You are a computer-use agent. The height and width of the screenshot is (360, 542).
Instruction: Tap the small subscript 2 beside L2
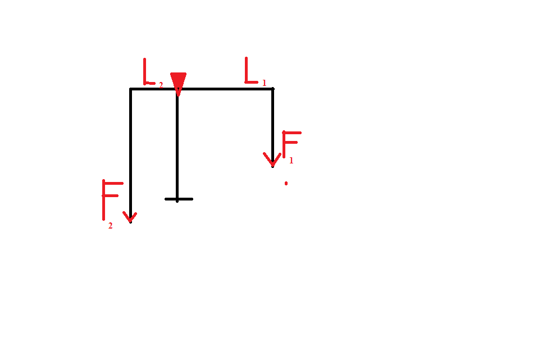[161, 85]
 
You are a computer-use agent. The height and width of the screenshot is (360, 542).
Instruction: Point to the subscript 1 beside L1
[265, 83]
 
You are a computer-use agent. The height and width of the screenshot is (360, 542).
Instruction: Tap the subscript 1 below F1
[292, 160]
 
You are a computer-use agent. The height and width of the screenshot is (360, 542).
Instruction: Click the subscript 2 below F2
[110, 226]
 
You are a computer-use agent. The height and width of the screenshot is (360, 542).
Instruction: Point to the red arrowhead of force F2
[130, 217]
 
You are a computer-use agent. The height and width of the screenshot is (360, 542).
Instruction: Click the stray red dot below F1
[286, 184]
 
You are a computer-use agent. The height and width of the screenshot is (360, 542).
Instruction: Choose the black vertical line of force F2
[130, 156]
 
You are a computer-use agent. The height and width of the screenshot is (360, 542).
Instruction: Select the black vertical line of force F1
[273, 127]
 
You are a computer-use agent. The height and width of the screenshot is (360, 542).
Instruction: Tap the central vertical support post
[177, 145]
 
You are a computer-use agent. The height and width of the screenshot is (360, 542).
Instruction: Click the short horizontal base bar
[179, 199]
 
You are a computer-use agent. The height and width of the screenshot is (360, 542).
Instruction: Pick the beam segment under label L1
[225, 89]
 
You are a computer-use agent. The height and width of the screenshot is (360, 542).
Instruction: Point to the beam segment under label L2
[153, 89]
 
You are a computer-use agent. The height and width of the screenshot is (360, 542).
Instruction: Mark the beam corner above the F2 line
[130, 89]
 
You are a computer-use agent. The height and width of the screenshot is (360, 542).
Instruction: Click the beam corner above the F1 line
[273, 89]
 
